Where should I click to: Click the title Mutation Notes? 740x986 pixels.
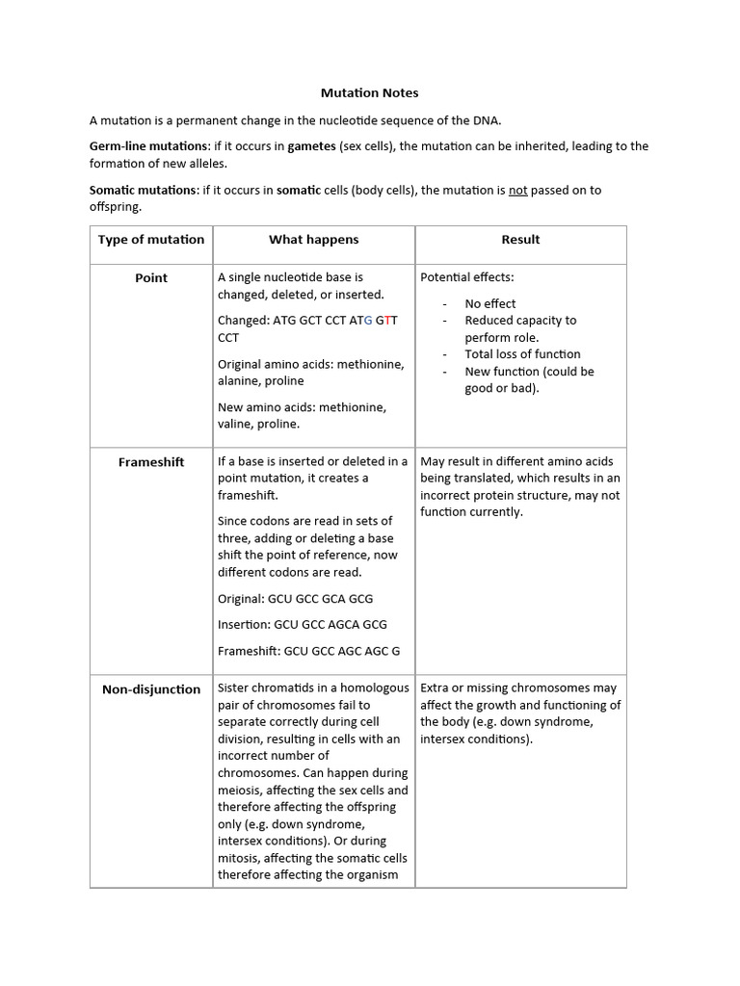coord(370,93)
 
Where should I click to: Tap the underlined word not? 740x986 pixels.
coord(517,190)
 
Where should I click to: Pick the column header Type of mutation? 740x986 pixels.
coord(151,240)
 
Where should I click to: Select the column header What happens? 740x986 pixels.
coord(313,240)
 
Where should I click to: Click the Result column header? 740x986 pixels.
coord(520,240)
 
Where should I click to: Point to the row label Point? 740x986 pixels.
coord(151,278)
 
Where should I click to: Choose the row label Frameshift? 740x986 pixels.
coord(151,462)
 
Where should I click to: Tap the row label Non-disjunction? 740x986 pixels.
coord(151,689)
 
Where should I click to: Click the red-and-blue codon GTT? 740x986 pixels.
coord(385,321)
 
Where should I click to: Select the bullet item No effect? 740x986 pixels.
coord(490,303)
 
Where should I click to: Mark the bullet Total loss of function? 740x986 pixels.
coord(522,354)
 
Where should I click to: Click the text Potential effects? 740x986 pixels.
coord(467,277)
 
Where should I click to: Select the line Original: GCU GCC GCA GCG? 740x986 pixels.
coord(295,599)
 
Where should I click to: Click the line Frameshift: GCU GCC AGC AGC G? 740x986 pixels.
coord(308,651)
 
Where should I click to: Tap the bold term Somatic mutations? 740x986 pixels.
coord(144,190)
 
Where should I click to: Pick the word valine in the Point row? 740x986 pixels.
coord(236,424)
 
